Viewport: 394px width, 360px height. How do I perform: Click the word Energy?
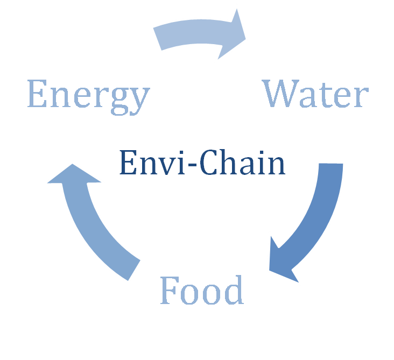coord(87,96)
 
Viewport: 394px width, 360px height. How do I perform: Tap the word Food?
coord(202,291)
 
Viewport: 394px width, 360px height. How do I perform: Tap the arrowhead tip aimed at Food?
coord(268,270)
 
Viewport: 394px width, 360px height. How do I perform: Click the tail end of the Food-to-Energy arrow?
coord(136,269)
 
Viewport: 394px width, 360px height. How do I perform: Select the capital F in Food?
coord(169,291)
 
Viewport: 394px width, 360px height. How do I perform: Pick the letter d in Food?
coord(233,291)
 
